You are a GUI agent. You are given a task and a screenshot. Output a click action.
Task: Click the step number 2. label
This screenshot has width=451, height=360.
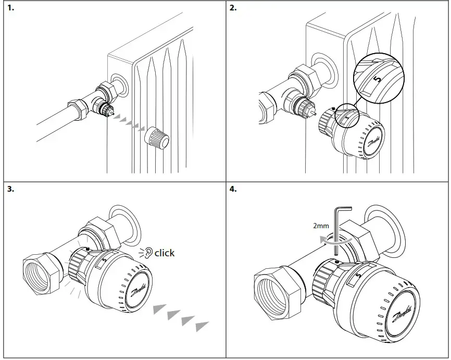pos(233,9)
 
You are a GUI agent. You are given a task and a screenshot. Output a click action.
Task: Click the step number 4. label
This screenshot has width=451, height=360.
pos(233,189)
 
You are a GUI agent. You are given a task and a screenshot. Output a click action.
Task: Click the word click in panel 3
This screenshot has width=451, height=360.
pos(165,253)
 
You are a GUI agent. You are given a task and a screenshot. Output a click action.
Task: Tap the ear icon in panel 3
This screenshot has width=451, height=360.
pos(149,253)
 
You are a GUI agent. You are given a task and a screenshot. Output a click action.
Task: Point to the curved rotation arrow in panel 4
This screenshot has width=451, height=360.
pos(333,241)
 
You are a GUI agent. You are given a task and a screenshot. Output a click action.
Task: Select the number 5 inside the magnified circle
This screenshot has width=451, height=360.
pos(378,79)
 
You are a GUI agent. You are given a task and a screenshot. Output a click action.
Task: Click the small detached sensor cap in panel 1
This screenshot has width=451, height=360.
pos(156,138)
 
